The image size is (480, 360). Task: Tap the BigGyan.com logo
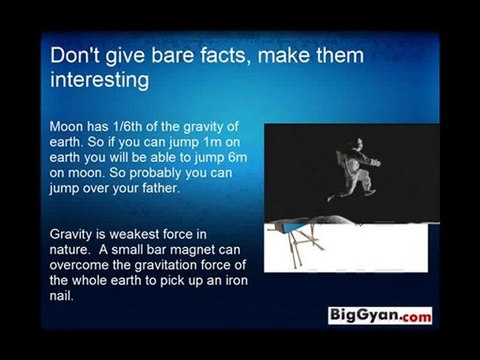click(381, 315)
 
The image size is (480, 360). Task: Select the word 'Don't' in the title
click(75, 53)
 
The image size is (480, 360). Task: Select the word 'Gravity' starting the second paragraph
click(72, 235)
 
